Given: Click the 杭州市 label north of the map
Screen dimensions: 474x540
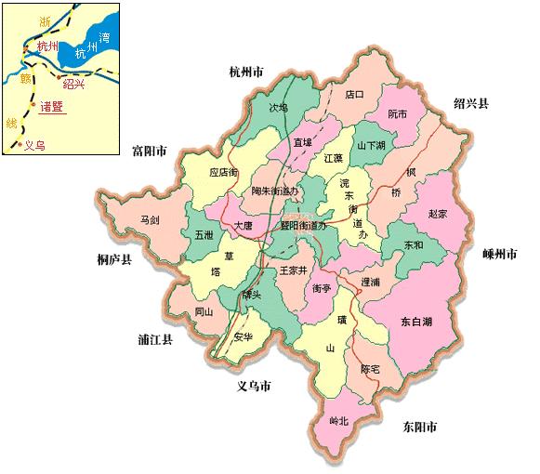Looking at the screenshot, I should point(254,72).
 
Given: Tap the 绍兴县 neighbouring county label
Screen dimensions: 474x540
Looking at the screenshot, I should point(471,103).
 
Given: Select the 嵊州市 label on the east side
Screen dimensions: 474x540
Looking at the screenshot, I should point(500,254).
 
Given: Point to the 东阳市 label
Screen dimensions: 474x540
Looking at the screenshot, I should point(420,428).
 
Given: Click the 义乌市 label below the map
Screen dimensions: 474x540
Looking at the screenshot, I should point(253,386).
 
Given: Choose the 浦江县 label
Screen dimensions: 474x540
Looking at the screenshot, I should point(154,341).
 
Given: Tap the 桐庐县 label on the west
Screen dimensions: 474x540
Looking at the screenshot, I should point(113,260).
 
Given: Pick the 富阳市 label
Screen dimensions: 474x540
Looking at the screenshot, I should point(149,150).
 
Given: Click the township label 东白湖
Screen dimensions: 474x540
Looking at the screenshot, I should point(417,322).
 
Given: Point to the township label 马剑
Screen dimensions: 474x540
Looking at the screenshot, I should point(150,220).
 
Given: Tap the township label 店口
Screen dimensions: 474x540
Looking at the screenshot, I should point(354,94).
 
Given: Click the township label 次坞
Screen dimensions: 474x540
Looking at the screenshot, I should point(278,108).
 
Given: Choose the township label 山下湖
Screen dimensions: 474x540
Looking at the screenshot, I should point(376,146).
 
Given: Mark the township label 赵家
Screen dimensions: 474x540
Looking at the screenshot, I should point(437,213).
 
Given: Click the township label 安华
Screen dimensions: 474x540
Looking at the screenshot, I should point(244,336).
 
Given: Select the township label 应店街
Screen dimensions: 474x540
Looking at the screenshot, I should point(224,173).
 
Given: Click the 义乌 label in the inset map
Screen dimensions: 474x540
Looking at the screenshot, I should point(33,145).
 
